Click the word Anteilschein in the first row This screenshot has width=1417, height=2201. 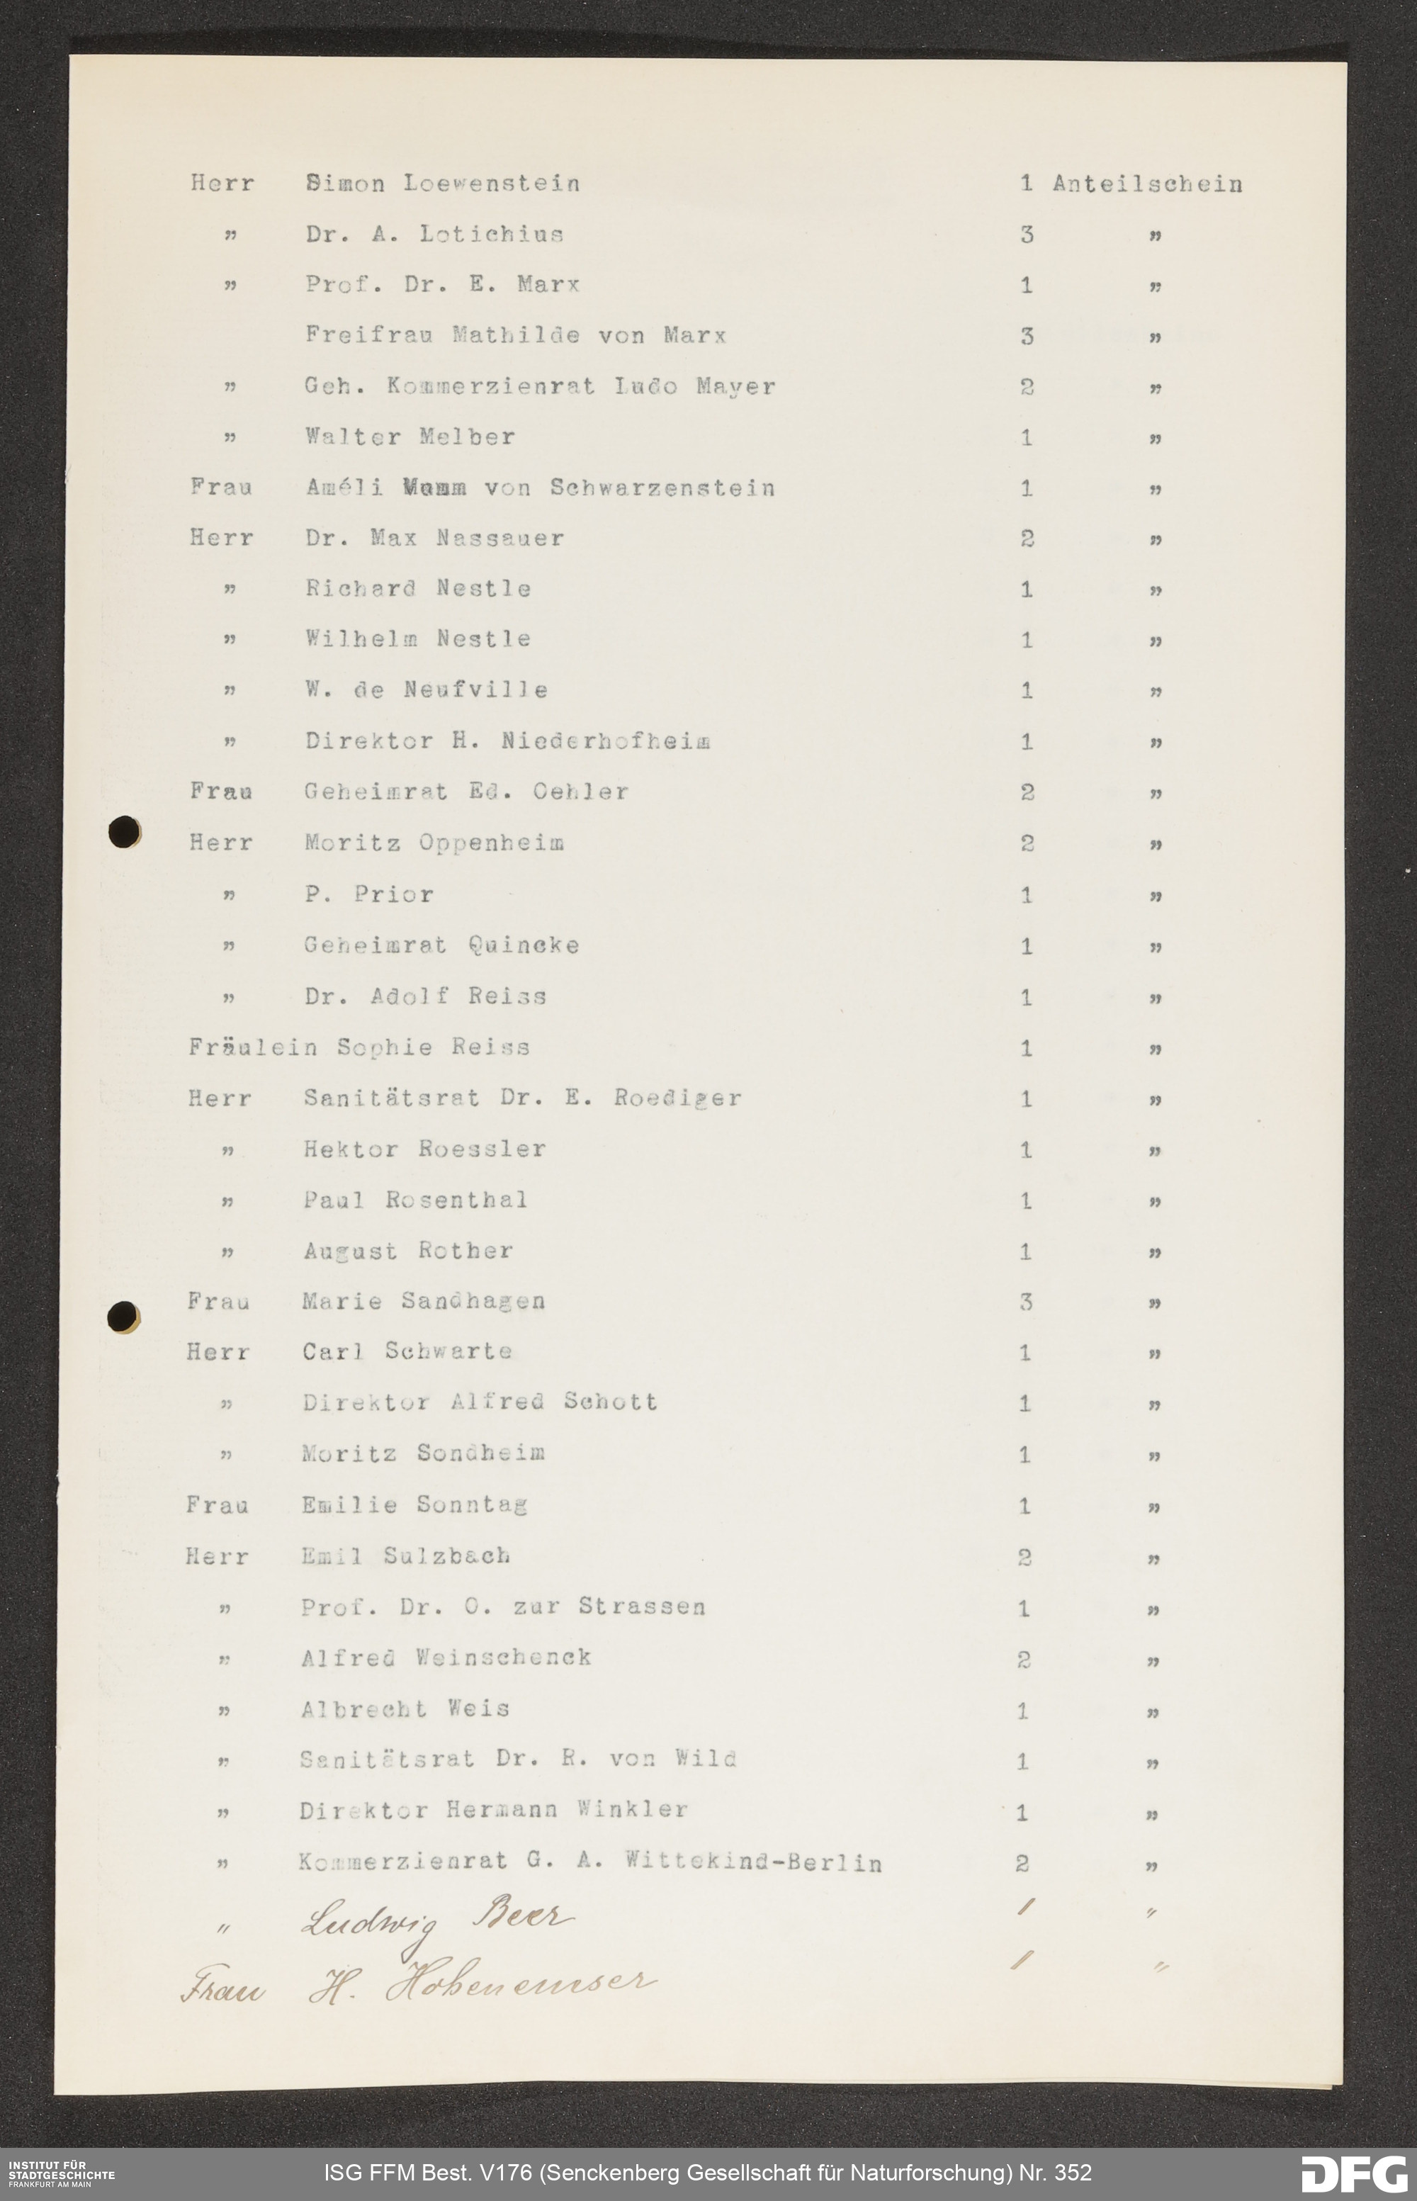(x=1146, y=184)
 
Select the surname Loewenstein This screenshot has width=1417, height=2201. (x=492, y=184)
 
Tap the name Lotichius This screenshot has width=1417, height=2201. (x=492, y=235)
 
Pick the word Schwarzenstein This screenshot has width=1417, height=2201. (x=662, y=488)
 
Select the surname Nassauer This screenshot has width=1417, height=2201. (x=499, y=539)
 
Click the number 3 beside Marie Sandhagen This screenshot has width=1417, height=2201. (x=1025, y=1302)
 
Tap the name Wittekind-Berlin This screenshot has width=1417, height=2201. (x=752, y=1862)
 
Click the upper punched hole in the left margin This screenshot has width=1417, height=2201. (x=124, y=833)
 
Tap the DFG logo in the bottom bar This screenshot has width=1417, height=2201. (x=1353, y=2173)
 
